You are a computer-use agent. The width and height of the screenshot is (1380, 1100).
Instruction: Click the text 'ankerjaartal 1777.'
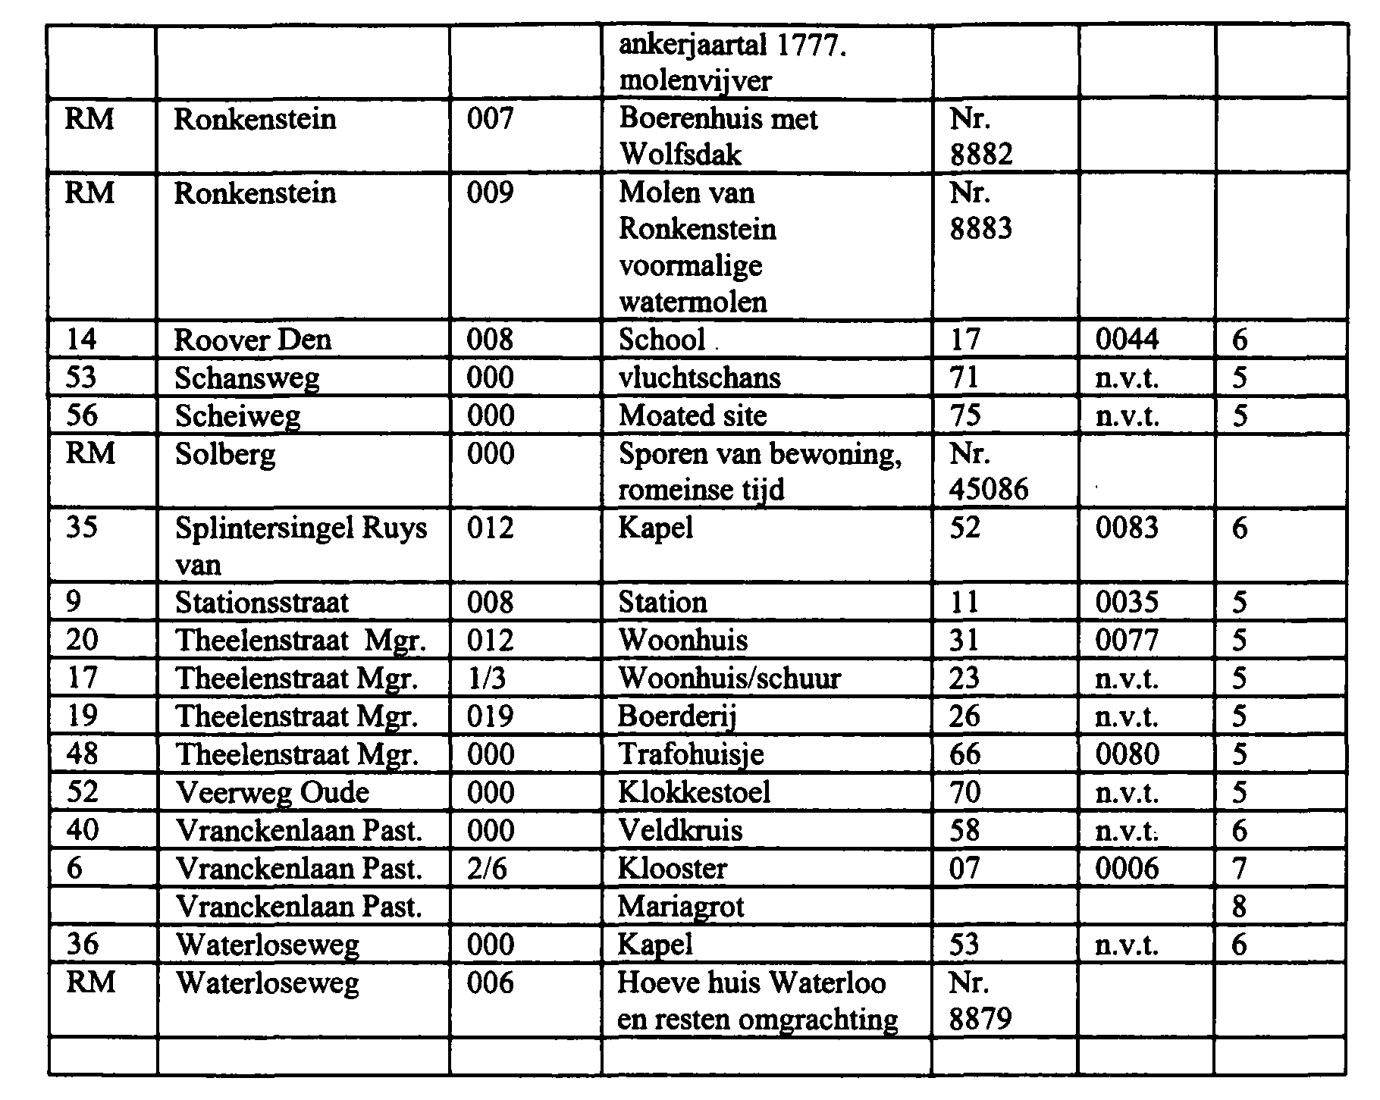(x=732, y=46)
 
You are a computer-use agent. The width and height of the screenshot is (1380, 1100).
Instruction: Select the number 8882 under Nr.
(x=981, y=155)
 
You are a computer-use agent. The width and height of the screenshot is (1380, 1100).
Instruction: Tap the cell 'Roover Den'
(x=252, y=339)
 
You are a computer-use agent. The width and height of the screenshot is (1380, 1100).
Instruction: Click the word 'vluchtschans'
(x=699, y=377)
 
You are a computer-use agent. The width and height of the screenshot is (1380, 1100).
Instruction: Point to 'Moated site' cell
(x=692, y=415)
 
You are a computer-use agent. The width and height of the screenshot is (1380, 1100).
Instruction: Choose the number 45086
(x=989, y=490)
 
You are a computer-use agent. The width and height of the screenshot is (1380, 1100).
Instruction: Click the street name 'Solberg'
(x=225, y=454)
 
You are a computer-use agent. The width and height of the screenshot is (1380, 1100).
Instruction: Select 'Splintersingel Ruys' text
(x=301, y=528)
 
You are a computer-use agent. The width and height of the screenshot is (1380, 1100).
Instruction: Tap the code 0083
(x=1127, y=528)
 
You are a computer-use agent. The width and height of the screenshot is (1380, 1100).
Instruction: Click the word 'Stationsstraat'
(x=262, y=603)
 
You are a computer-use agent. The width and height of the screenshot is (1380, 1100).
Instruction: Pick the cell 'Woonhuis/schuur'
(x=729, y=678)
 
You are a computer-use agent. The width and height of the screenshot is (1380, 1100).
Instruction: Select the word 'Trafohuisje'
(x=691, y=754)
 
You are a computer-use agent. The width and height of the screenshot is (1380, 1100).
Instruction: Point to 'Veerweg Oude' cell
(x=272, y=792)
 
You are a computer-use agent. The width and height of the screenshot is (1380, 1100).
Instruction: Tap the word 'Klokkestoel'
(x=694, y=792)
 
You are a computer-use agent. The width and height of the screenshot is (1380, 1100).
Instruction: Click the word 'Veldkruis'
(x=679, y=830)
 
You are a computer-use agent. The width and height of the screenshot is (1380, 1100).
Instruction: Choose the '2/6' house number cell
(x=488, y=868)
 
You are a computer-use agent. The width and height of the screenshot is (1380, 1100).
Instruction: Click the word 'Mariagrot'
(x=681, y=907)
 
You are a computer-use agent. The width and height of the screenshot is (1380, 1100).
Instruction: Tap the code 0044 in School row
(x=1127, y=339)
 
